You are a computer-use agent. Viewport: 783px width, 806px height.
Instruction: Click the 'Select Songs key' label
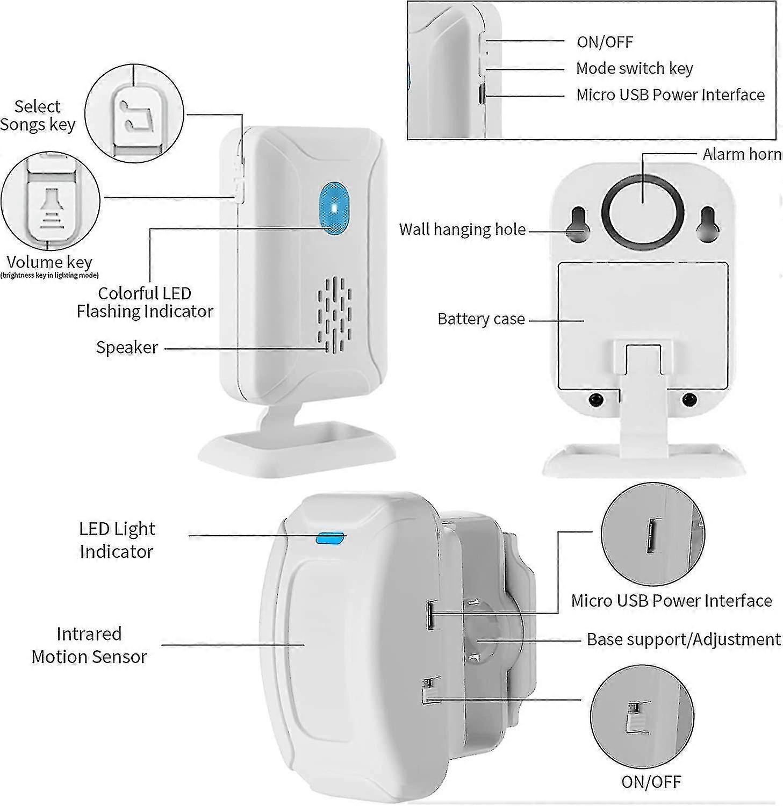pos(38,116)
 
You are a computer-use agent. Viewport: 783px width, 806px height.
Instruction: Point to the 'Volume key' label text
pos(49,262)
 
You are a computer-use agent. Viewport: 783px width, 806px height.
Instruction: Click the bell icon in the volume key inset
pos(51,206)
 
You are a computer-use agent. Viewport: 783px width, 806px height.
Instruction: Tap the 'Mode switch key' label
pos(634,68)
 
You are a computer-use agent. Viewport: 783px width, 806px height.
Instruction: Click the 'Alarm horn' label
pos(742,154)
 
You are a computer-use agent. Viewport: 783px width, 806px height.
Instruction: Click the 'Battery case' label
pos(481,319)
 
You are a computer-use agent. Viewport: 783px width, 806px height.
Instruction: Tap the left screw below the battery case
pos(595,400)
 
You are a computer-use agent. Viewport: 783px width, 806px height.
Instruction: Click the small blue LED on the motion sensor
pos(331,538)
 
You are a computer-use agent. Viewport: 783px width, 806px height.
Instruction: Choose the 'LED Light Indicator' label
pos(117,540)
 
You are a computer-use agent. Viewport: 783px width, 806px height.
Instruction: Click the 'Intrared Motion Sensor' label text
pos(89,645)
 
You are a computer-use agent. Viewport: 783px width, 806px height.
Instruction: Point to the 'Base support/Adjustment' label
pos(683,639)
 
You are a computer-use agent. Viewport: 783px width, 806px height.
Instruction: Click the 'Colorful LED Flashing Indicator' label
pos(145,302)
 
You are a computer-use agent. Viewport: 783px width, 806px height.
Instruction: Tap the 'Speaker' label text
pos(127,347)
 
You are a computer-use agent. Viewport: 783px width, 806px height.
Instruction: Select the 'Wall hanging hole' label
pos(462,229)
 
